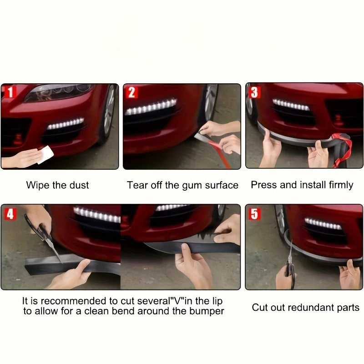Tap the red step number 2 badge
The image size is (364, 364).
(131, 92)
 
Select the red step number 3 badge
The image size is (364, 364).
(254, 92)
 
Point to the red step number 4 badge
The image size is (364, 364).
(10, 214)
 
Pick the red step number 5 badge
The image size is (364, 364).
(254, 213)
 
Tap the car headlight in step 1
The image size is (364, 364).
(59, 92)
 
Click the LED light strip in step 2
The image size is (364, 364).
(151, 107)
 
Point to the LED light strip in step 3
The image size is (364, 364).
(291, 105)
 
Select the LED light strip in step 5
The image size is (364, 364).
(323, 224)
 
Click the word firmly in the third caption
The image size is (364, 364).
(341, 185)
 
